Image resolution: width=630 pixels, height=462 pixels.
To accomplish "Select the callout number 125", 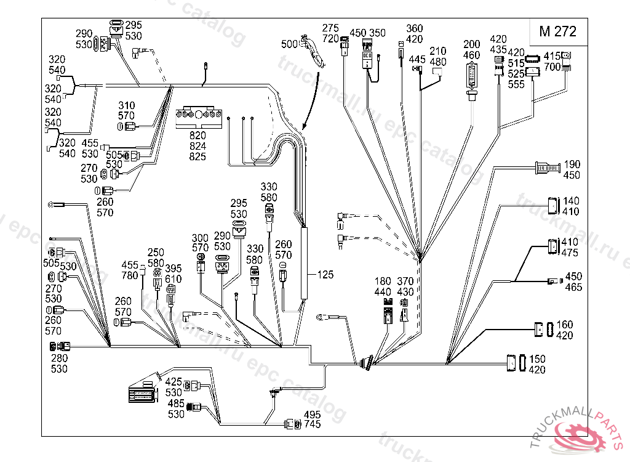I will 325,275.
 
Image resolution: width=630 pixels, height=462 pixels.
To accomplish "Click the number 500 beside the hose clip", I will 289,44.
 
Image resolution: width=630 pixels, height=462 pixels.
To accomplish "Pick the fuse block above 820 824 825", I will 197,117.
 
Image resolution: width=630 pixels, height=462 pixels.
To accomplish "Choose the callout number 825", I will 197,156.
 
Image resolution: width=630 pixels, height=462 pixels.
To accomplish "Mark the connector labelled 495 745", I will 292,424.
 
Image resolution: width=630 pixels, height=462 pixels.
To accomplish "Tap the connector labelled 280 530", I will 60,348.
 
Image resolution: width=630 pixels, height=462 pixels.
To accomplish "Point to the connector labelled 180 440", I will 388,312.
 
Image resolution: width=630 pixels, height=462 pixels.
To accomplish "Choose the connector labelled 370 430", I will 404,310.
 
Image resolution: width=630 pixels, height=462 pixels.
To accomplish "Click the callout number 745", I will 312,424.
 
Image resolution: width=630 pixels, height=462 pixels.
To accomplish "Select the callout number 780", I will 130,275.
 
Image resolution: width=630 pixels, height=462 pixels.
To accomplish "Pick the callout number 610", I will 173,279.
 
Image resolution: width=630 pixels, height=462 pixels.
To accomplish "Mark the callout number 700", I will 552,66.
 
